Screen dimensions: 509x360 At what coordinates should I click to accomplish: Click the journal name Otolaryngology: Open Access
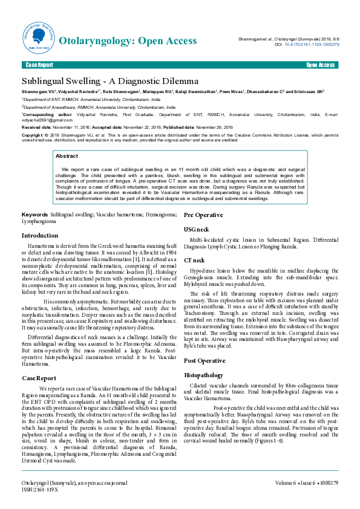128,41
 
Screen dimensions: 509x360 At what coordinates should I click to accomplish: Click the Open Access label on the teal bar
320,65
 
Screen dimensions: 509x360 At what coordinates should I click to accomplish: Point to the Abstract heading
67,156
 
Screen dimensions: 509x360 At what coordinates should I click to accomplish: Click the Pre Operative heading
203,215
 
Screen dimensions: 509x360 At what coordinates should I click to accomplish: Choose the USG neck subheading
197,230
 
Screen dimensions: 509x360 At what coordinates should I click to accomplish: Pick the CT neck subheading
194,259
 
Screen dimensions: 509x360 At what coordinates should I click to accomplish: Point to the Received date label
36,128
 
